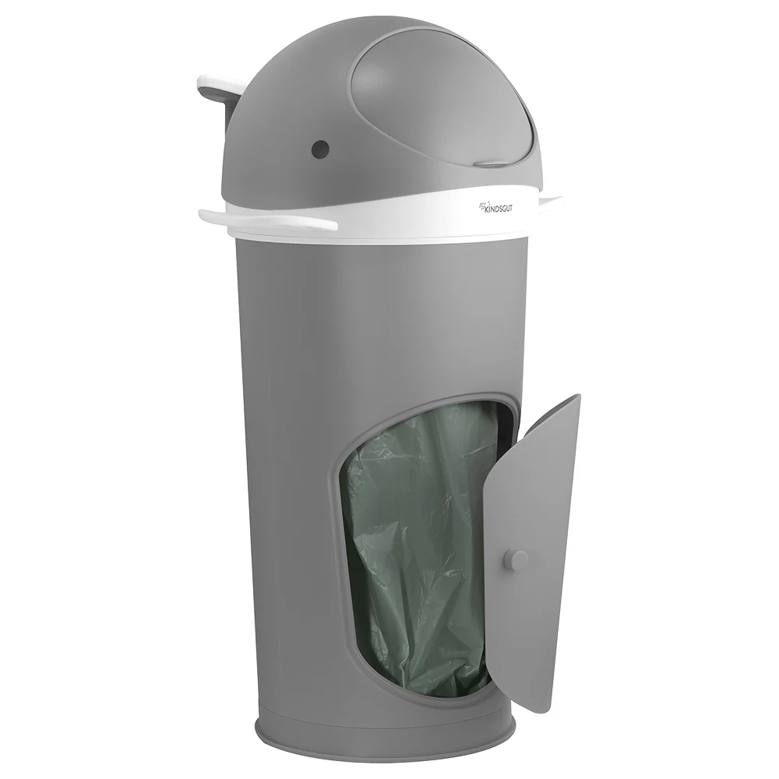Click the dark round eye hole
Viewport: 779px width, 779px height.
(320, 147)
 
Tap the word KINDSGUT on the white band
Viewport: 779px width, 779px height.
(498, 208)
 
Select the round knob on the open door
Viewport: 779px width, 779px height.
(516, 560)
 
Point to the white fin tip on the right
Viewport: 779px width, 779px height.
(551, 201)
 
